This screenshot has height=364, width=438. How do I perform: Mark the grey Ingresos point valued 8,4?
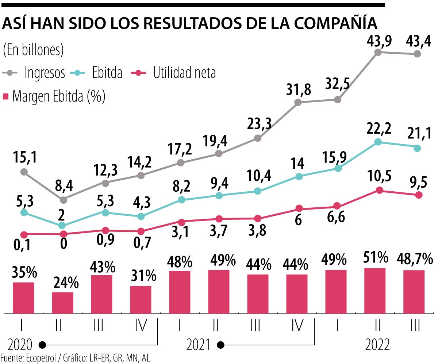point(64,200)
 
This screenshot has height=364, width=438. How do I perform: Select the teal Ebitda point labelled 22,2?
point(379,142)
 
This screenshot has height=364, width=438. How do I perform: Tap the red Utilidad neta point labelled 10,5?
point(380,190)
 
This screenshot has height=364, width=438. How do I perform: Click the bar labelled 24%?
point(62,303)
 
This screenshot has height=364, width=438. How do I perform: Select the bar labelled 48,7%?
point(414,292)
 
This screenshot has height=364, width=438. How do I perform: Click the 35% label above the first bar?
point(24,272)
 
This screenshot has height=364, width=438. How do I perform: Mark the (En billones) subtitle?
point(33,50)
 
